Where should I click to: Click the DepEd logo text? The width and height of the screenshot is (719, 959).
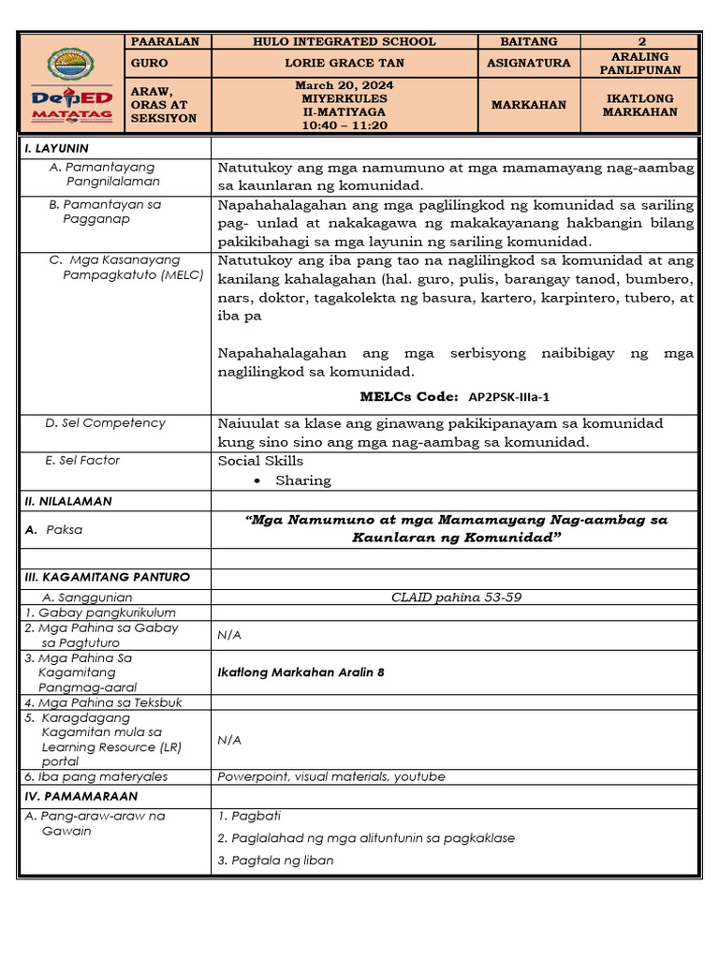click(70, 101)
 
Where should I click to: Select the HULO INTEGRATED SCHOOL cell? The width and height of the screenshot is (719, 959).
click(345, 41)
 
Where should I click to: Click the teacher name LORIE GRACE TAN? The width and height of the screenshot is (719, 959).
click(345, 63)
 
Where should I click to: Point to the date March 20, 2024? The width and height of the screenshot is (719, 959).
click(345, 85)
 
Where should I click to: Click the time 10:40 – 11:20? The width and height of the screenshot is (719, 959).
click(345, 125)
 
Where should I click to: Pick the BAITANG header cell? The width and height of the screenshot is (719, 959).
click(528, 41)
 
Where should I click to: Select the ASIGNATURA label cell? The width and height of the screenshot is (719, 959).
click(528, 63)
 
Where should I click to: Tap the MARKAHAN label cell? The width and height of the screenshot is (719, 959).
click(528, 105)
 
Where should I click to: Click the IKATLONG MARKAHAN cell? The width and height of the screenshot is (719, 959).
click(639, 105)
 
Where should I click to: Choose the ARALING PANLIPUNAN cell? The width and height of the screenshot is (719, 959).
click(639, 63)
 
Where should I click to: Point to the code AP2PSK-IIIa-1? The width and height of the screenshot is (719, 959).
click(508, 397)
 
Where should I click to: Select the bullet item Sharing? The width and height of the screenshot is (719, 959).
click(302, 480)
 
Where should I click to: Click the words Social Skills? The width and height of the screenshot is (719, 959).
click(260, 461)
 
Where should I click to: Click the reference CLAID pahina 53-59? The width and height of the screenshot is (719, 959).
click(456, 597)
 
